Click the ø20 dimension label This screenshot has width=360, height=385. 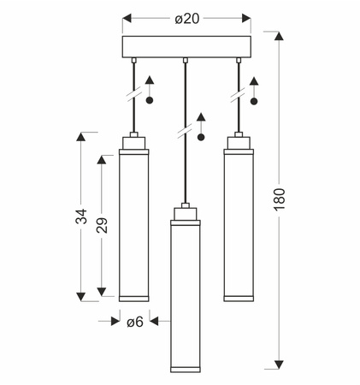[x=186, y=19]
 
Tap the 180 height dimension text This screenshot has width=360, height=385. [x=280, y=199]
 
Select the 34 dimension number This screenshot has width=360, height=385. [x=81, y=216]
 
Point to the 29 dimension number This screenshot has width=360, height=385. [x=102, y=226]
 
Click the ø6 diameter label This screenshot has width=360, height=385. [x=135, y=322]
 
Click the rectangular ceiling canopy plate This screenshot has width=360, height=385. [x=186, y=47]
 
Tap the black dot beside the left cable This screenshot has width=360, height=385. [x=150, y=100]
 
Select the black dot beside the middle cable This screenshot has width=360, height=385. [x=201, y=138]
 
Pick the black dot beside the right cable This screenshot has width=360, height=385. [x=254, y=101]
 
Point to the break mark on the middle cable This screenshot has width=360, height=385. [x=186, y=132]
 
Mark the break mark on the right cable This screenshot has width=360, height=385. [x=239, y=95]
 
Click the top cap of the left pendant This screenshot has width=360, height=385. [x=134, y=143]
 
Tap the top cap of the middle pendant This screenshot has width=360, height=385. [x=186, y=214]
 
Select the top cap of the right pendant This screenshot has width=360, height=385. [x=239, y=143]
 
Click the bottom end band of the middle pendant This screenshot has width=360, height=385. [x=186, y=370]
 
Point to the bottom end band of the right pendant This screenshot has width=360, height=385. [x=239, y=299]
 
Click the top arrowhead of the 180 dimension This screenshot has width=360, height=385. [x=279, y=36]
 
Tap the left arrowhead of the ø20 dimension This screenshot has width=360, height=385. [x=127, y=18]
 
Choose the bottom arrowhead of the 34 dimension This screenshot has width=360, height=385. [x=81, y=297]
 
